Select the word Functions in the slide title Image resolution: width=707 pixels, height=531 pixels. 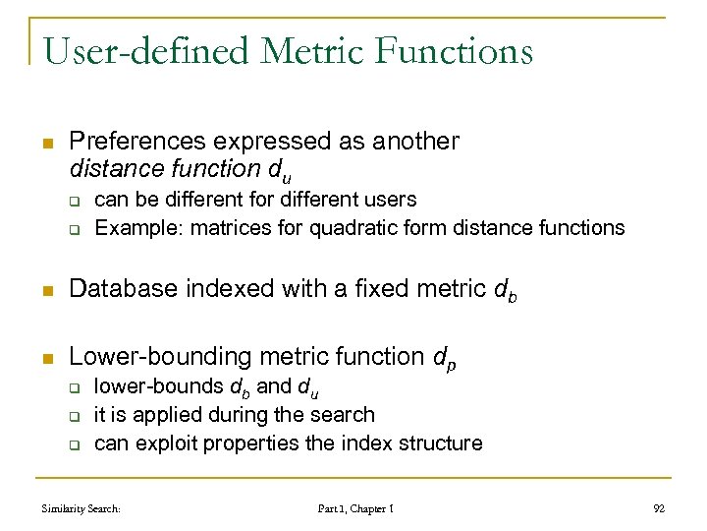point(462,49)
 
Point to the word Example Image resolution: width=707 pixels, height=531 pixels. point(134,228)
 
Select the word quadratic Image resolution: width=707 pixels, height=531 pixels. point(350,228)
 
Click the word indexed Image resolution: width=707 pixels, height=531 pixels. point(213,289)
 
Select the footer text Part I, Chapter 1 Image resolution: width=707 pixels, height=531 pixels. point(355,509)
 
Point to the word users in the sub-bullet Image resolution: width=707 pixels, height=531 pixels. point(391,200)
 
